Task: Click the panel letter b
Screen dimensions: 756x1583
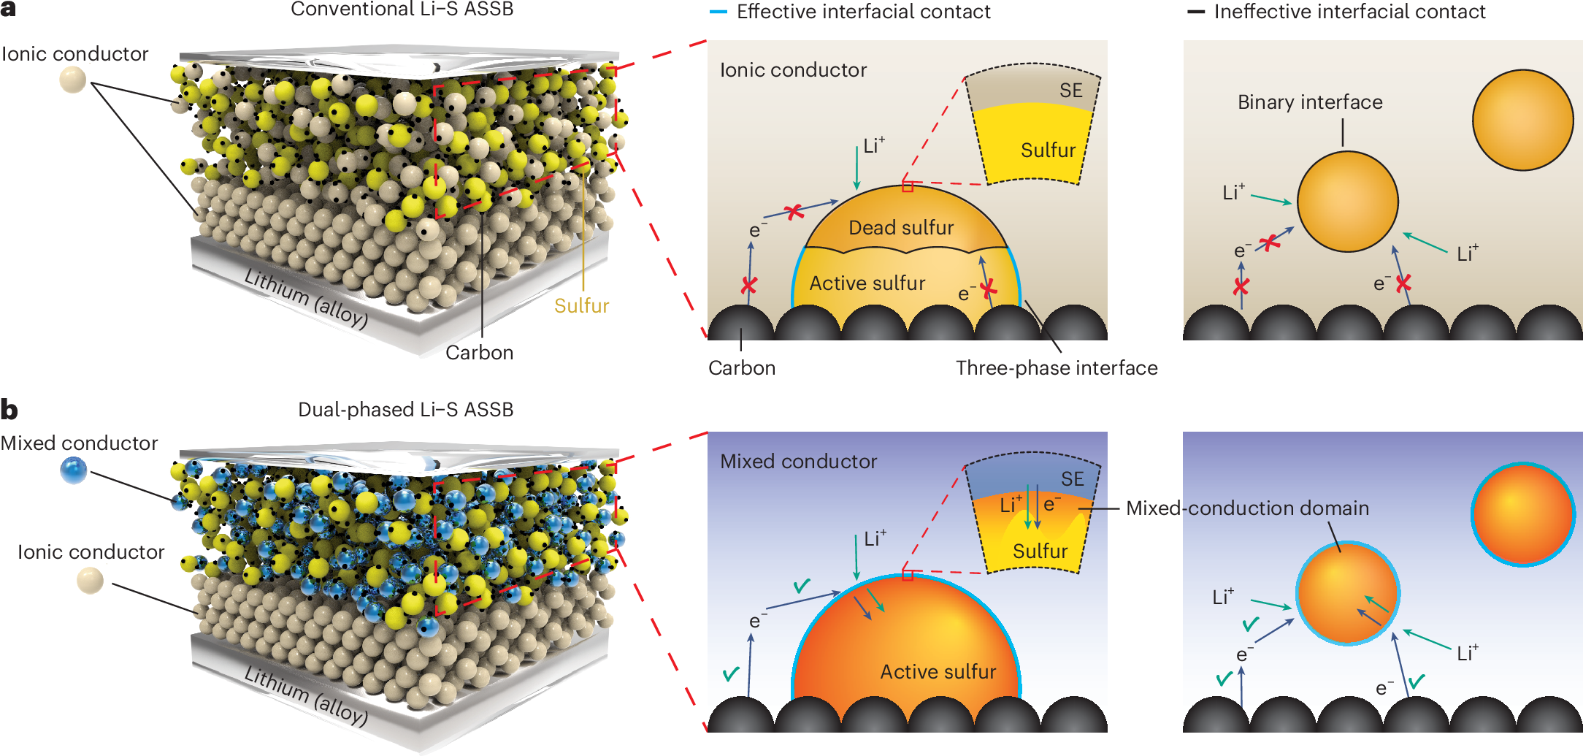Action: [x=9, y=409]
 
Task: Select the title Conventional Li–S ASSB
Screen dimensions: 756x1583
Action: [x=402, y=9]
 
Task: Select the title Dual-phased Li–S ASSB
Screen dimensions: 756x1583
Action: [x=405, y=409]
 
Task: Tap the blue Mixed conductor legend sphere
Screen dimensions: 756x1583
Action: [x=74, y=470]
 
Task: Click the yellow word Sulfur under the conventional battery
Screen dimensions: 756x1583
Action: [x=581, y=305]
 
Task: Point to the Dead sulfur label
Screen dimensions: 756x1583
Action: [x=900, y=228]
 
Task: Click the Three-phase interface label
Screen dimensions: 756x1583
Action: [x=1057, y=367]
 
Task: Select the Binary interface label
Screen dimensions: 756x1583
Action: [x=1310, y=102]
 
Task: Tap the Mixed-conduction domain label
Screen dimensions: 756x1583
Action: [x=1247, y=508]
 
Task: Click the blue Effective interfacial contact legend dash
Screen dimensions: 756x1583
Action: [x=718, y=12]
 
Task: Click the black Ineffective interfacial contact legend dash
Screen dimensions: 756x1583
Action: [x=1196, y=12]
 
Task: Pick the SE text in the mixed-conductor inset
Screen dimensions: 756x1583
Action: [x=1072, y=479]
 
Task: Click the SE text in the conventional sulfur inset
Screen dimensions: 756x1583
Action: [x=1070, y=91]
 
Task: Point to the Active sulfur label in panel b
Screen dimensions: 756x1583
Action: [x=938, y=671]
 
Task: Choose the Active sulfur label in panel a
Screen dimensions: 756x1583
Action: [x=867, y=283]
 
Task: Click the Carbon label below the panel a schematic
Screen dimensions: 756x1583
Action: [x=742, y=367]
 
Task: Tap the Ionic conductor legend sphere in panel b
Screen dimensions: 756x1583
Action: [x=91, y=581]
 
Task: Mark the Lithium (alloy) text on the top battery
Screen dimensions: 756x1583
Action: [x=306, y=298]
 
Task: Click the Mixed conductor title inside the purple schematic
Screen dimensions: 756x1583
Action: [x=798, y=462]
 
